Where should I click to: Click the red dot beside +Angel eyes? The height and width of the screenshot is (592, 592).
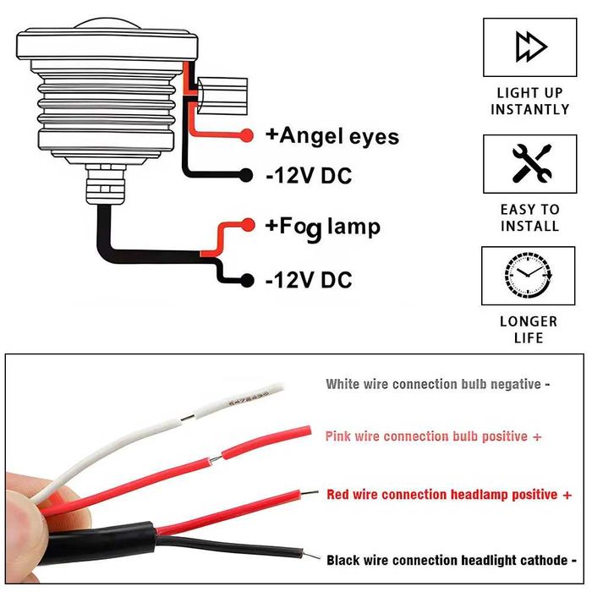point(247,135)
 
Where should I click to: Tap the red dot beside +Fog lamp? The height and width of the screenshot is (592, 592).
point(248,225)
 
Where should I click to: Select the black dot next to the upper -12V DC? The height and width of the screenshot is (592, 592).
point(246,175)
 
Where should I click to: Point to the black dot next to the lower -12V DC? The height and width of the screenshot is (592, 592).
point(247,280)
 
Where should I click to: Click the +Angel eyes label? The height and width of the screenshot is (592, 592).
point(332,136)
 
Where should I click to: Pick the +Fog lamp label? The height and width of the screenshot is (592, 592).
point(323,227)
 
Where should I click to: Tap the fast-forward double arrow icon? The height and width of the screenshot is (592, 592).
point(531,47)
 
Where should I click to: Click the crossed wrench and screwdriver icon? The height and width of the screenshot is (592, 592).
point(532,163)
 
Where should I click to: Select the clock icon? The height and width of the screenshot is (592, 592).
point(529,274)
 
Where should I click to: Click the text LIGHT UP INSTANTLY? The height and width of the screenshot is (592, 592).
point(530,101)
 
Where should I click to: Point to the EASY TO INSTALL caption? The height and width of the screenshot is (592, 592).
point(530,218)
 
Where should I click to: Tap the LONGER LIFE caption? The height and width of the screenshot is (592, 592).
point(529,330)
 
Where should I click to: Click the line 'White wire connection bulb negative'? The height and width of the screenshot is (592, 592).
point(437,384)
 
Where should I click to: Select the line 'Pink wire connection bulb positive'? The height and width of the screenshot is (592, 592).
point(433,436)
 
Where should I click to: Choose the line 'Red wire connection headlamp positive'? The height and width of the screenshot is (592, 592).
point(449,495)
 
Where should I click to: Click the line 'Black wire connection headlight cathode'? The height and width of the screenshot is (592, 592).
point(452,560)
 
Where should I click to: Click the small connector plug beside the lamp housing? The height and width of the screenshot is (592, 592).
point(222,96)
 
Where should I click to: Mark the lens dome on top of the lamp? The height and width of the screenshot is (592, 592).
point(107,24)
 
